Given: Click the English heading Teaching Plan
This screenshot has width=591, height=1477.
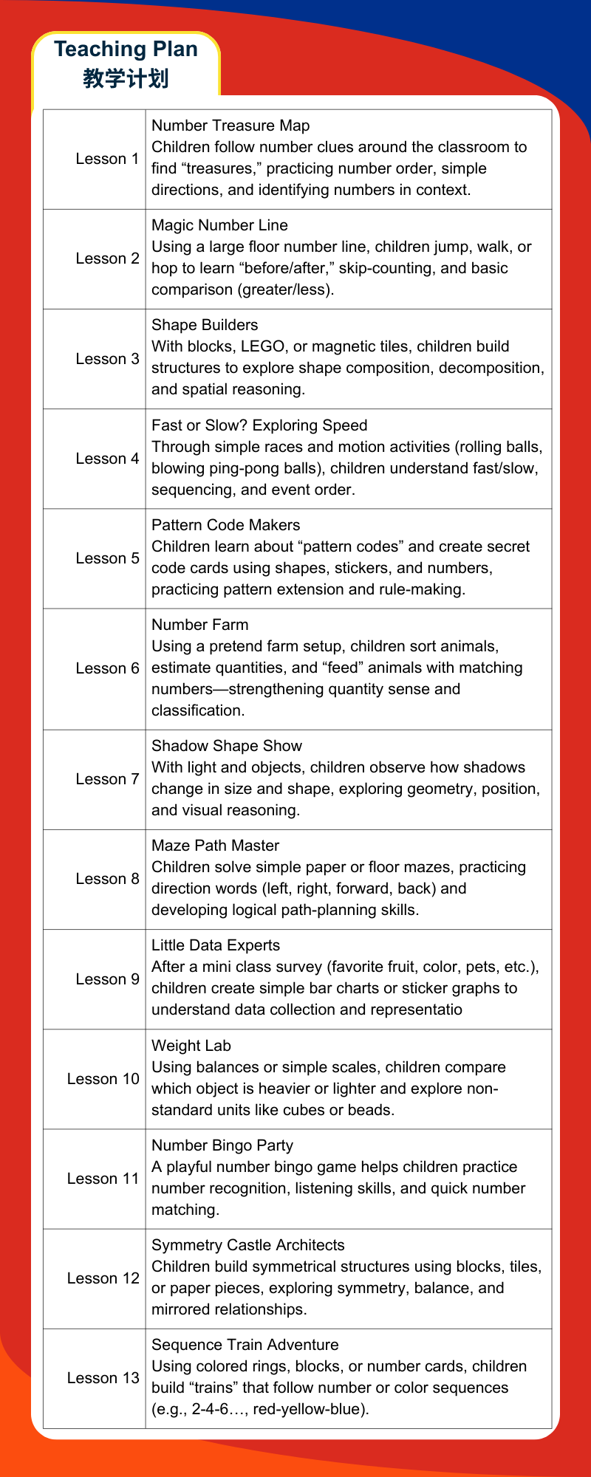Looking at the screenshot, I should tap(126, 49).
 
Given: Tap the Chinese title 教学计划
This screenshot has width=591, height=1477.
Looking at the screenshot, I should tap(126, 78).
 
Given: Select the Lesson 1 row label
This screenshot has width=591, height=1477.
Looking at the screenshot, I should tap(107, 159).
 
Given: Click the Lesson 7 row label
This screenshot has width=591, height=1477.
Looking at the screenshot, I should tap(107, 779).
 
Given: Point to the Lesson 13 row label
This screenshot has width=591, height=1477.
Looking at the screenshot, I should tap(103, 1378).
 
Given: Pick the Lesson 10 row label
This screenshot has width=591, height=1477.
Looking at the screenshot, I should tap(103, 1079).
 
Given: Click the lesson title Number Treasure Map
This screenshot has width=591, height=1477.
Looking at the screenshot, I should tap(230, 126).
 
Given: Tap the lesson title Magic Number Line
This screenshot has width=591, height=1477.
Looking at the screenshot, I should tap(219, 225).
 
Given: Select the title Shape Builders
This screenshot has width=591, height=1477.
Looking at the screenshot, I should tap(205, 325).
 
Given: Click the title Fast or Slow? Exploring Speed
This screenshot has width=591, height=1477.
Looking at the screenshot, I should tap(259, 425).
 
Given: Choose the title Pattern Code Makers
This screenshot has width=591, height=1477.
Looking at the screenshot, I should tap(225, 525).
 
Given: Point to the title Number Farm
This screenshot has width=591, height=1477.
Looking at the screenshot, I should tap(199, 625).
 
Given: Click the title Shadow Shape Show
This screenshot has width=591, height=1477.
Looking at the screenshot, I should tap(227, 746).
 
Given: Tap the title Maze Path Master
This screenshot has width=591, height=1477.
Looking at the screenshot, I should tap(215, 846).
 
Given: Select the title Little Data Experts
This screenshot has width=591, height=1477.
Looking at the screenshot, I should tap(216, 945).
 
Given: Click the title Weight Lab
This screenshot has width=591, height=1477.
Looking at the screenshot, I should tap(191, 1046).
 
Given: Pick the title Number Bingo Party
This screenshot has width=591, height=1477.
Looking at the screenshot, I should tap(222, 1145).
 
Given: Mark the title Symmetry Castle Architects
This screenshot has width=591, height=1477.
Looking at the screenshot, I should tap(247, 1245).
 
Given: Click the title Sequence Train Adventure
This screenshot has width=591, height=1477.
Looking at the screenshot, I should tap(245, 1345).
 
